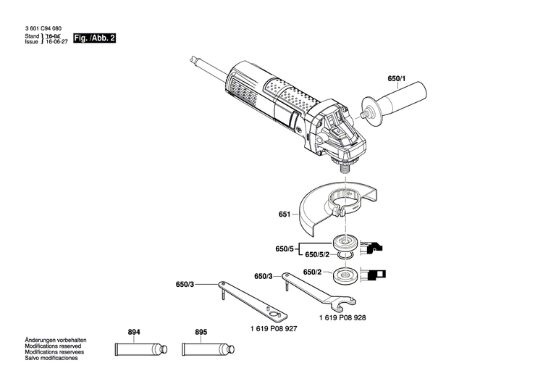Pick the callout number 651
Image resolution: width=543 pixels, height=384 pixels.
pos(284,214)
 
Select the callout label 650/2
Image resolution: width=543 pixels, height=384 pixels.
pos(313,272)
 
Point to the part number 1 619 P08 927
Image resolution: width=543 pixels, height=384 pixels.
pos(274,328)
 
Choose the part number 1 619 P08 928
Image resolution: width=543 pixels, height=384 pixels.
pos(342,317)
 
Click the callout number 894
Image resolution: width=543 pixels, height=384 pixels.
pos(134,333)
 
